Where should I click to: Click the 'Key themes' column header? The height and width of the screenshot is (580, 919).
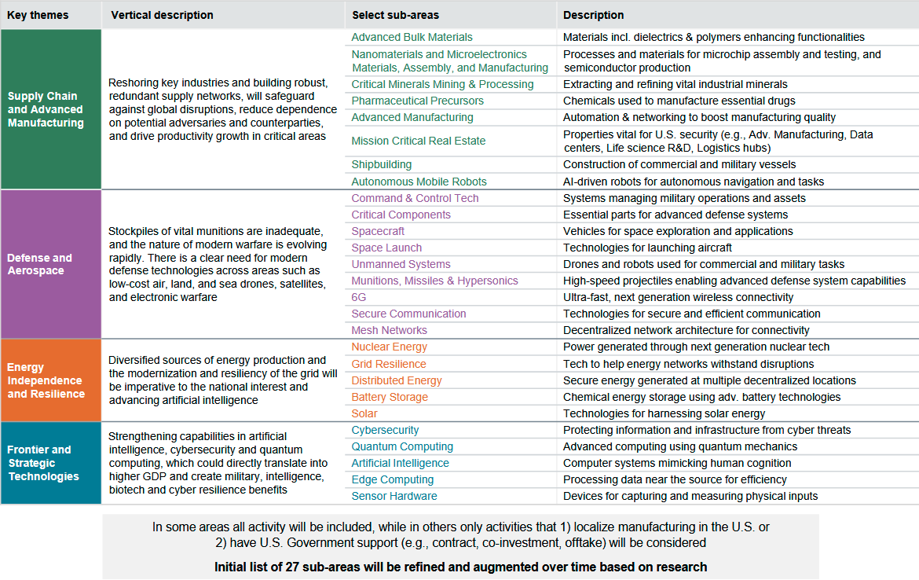pyautogui.click(x=38, y=15)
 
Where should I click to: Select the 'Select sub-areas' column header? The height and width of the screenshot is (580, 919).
pyautogui.click(x=395, y=15)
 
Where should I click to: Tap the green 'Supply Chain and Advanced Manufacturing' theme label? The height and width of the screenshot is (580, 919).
pyautogui.click(x=46, y=109)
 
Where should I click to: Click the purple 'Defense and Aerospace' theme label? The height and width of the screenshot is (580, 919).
pyautogui.click(x=39, y=264)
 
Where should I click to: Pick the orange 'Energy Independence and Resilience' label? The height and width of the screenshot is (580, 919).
pyautogui.click(x=46, y=380)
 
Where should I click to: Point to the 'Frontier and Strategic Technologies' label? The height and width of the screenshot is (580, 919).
pyautogui.click(x=43, y=463)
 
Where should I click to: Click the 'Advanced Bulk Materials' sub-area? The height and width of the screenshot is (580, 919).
pyautogui.click(x=412, y=37)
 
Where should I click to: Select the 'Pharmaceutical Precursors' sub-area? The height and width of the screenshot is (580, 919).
pyautogui.click(x=417, y=101)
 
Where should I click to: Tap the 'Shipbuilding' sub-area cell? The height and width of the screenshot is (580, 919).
pyautogui.click(x=381, y=164)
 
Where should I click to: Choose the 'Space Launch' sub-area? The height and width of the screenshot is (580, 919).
pyautogui.click(x=386, y=248)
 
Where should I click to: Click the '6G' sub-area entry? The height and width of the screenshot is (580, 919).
pyautogui.click(x=359, y=297)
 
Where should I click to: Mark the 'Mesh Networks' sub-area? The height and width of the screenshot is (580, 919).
pyautogui.click(x=389, y=330)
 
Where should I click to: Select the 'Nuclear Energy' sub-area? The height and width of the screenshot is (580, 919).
pyautogui.click(x=389, y=347)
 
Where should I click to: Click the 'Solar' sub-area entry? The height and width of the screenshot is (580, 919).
pyautogui.click(x=364, y=413)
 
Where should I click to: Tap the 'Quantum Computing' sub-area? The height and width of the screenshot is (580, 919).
pyautogui.click(x=402, y=446)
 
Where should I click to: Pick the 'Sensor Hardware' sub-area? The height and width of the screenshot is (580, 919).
pyautogui.click(x=394, y=496)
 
